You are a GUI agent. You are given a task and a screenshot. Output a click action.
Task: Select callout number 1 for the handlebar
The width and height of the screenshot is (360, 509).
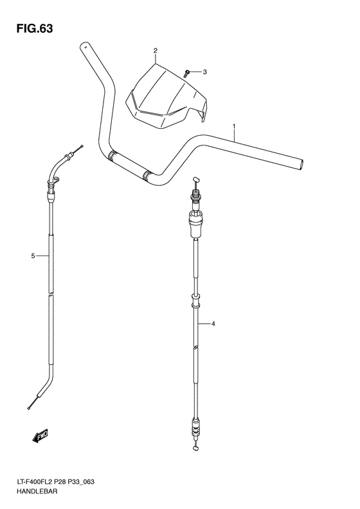click(x=234, y=126)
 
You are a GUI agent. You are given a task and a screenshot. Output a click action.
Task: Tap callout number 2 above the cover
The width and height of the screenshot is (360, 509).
click(x=155, y=50)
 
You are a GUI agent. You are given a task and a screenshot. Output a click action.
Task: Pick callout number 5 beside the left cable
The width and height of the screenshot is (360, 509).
click(x=32, y=257)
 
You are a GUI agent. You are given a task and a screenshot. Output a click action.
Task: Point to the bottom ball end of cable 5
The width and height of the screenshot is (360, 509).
click(x=30, y=406)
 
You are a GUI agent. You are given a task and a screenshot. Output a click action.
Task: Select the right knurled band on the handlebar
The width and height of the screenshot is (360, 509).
click(x=148, y=174)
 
